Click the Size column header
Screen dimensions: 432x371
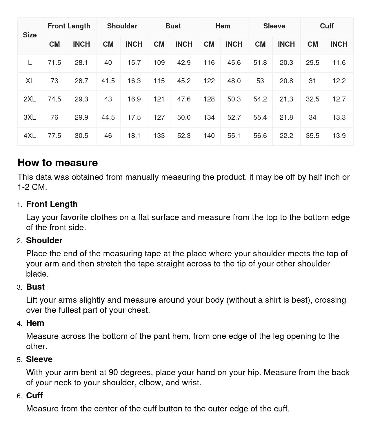(x=30, y=35)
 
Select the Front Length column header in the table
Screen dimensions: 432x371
(x=69, y=26)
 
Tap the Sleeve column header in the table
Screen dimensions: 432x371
(x=274, y=26)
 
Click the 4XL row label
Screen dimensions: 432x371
(x=30, y=136)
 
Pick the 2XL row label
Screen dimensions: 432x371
(x=30, y=99)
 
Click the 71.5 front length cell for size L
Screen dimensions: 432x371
(x=54, y=63)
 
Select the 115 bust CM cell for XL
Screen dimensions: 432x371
(x=159, y=81)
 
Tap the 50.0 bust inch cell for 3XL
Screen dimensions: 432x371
(x=184, y=117)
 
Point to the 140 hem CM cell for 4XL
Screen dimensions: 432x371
(x=209, y=136)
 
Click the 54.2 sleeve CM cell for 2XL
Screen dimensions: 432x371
(x=260, y=99)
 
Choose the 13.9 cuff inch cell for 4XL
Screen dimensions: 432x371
(x=339, y=136)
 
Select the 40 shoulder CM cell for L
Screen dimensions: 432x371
(x=108, y=63)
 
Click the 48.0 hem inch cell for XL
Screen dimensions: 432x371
(x=234, y=81)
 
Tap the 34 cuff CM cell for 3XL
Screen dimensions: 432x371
(x=312, y=117)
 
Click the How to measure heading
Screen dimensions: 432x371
(x=58, y=163)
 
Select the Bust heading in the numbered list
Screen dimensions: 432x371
(x=35, y=287)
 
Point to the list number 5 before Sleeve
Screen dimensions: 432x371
(x=19, y=360)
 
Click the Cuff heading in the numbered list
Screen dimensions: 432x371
(x=34, y=395)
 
